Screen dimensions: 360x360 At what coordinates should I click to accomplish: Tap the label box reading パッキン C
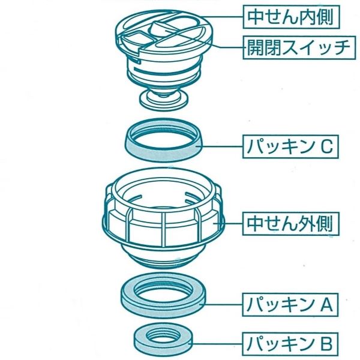click(292, 145)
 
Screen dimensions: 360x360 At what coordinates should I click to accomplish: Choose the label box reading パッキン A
click(290, 305)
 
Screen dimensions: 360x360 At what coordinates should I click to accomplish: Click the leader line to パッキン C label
click(222, 145)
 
